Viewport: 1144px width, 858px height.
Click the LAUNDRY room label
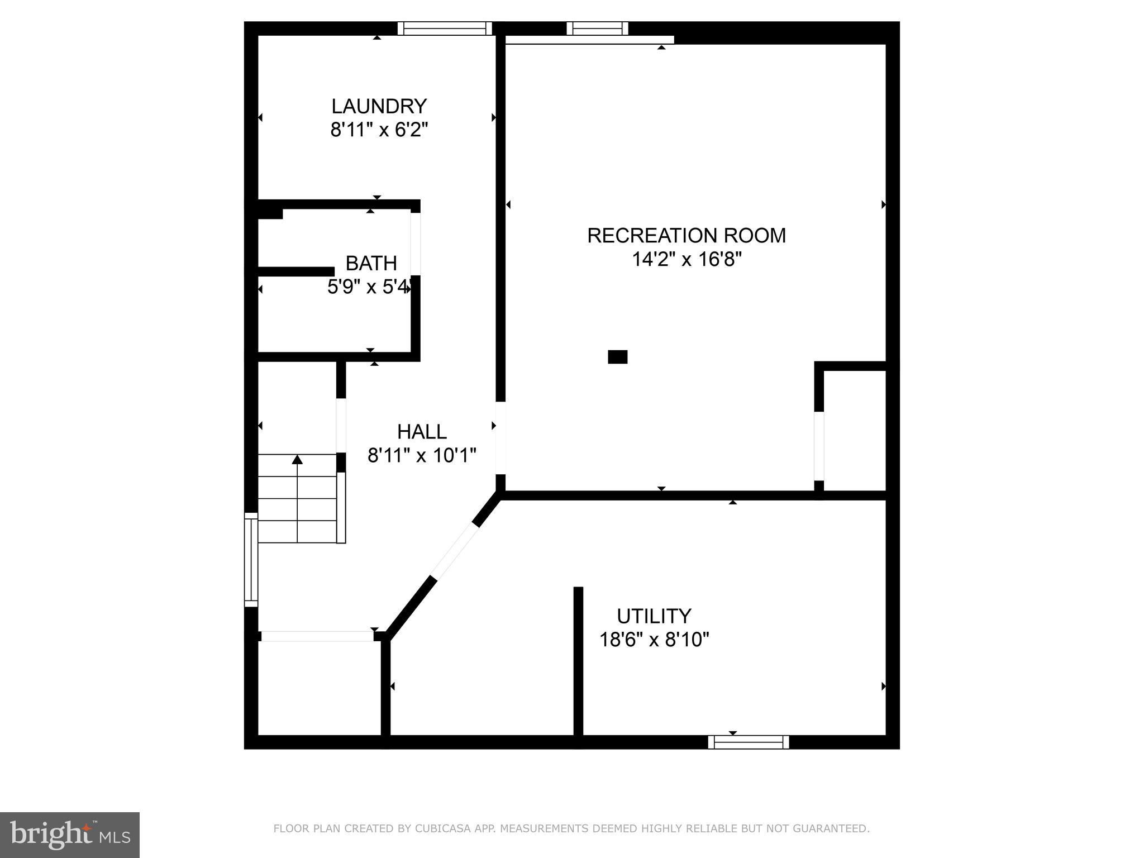(379, 106)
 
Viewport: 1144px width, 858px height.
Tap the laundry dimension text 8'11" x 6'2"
(379, 130)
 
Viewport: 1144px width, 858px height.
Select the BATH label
(371, 263)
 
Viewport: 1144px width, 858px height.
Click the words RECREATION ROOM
(687, 235)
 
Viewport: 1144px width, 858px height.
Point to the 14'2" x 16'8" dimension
(687, 259)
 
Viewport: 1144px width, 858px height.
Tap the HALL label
(422, 431)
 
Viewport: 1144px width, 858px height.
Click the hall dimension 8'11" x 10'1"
(422, 455)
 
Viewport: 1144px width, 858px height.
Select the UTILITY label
(654, 616)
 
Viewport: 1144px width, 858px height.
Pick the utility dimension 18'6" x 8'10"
(654, 639)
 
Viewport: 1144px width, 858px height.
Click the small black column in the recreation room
(618, 357)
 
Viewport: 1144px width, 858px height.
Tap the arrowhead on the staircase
(297, 459)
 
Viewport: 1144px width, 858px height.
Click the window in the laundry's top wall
(445, 28)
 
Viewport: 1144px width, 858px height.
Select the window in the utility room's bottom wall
(749, 742)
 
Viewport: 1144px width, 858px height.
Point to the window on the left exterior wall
(251, 560)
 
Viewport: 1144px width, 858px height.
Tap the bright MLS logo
(70, 835)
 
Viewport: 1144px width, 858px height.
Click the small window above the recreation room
(597, 28)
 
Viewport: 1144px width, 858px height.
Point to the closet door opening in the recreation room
(819, 446)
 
